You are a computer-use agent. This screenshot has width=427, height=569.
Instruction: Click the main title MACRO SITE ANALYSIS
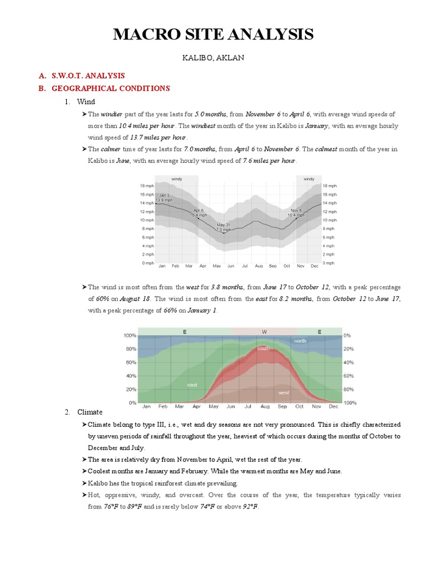coord(213,34)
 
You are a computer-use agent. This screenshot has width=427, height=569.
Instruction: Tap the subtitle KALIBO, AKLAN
coord(213,57)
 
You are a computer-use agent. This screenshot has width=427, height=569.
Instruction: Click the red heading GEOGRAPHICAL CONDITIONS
coord(111,88)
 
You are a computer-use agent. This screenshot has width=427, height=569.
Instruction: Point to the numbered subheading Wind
coord(86,102)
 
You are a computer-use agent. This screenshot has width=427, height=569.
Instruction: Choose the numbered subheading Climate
coord(90,412)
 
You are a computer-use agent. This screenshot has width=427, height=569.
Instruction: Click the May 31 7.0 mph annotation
coord(224,227)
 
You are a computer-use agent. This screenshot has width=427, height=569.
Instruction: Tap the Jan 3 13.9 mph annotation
coord(164,198)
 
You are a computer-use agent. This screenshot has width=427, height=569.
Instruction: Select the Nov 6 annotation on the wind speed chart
coord(296,212)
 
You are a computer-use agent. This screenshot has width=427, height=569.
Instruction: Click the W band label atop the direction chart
coord(264,332)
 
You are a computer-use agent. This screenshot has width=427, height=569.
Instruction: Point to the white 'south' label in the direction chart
coord(263,348)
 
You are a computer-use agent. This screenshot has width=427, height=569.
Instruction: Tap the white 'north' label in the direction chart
coord(300,341)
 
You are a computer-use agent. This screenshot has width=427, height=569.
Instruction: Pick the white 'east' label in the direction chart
coord(192,385)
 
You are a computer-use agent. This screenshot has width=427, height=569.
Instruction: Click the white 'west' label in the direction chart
coord(284,392)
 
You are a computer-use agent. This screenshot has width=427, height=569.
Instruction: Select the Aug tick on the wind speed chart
coord(259,267)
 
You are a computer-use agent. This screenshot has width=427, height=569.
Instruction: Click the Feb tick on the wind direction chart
coord(163,407)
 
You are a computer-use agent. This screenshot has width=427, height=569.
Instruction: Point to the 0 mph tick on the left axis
coord(147,263)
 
